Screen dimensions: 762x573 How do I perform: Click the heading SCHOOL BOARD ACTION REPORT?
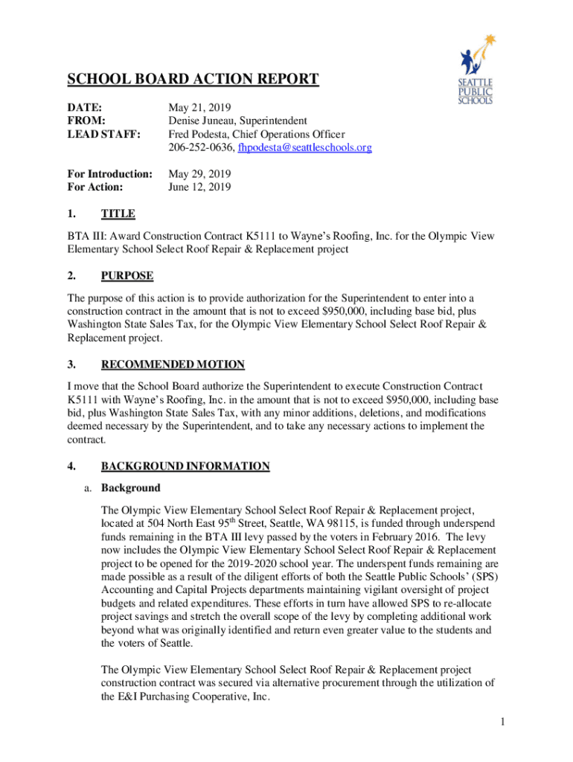click(x=193, y=80)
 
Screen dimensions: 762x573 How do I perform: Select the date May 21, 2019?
click(x=199, y=107)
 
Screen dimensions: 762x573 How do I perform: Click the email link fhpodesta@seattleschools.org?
click(x=304, y=148)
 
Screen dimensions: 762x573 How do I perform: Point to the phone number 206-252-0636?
click(x=200, y=148)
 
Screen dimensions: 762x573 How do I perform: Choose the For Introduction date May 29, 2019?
click(x=199, y=174)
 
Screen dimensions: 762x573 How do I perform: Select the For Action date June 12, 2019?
click(x=199, y=188)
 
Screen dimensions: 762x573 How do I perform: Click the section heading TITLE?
click(x=118, y=214)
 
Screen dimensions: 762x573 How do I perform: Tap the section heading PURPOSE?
click(x=127, y=276)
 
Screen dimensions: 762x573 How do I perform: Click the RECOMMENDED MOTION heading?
click(x=173, y=365)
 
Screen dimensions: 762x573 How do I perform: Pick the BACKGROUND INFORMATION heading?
click(x=185, y=467)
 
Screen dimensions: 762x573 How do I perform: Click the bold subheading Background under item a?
click(x=130, y=488)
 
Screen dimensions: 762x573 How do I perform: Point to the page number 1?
click(x=504, y=723)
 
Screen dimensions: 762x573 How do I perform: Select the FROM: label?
click(x=86, y=121)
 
